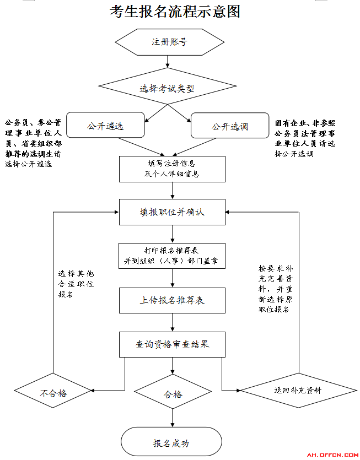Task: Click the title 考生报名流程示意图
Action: click(175, 12)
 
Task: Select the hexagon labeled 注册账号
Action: click(169, 42)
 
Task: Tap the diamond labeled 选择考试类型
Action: click(168, 86)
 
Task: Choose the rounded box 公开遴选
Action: click(105, 125)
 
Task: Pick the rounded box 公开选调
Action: click(230, 125)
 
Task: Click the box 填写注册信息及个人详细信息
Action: click(172, 169)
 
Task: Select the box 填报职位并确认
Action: click(172, 212)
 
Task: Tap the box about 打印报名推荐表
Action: click(172, 256)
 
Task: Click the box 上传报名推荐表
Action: click(172, 300)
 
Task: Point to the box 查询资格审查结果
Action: click(172, 344)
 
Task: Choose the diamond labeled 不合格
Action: click(53, 391)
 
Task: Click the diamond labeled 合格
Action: click(173, 391)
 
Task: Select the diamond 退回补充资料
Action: click(298, 391)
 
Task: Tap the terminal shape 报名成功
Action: click(171, 441)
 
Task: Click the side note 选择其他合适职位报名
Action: click(76, 284)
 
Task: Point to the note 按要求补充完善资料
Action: click(276, 289)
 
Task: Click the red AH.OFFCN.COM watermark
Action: click(332, 455)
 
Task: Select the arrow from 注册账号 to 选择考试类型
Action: click(168, 62)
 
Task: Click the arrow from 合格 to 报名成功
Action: click(173, 418)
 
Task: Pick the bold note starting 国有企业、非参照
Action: click(305, 138)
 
